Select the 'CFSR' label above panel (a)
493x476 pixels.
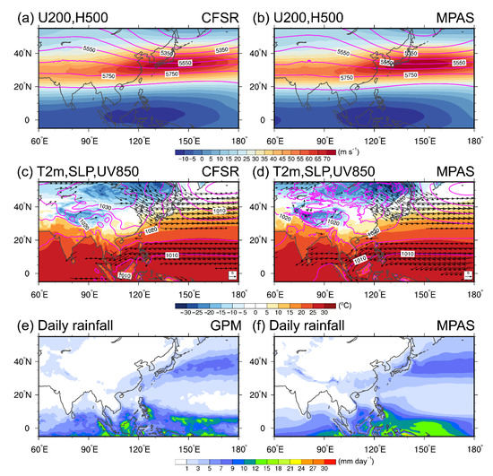[x=223, y=10]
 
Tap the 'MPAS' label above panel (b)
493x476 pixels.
[x=463, y=10]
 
